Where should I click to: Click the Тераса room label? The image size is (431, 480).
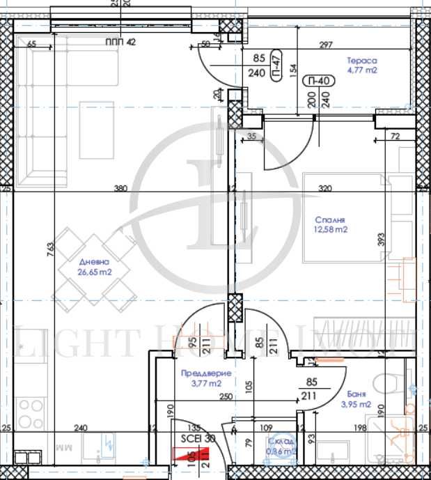point(361,61)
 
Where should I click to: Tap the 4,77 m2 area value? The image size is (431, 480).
point(362,70)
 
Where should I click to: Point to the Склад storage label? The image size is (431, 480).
point(284,442)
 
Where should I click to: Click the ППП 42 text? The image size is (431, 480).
point(120,42)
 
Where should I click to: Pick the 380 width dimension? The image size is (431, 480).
point(120,188)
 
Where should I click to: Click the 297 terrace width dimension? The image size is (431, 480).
point(325,45)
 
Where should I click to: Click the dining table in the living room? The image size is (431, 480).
point(97,268)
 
